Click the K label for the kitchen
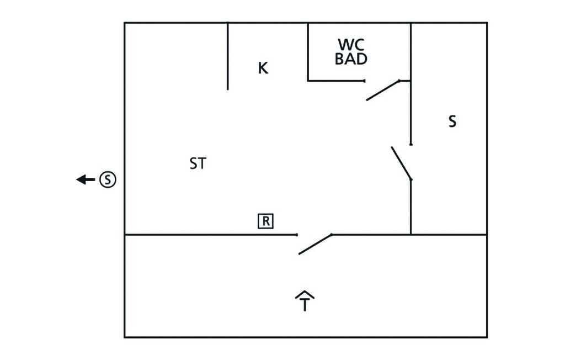pos(263,68)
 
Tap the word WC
pos(351,45)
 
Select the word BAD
pos(351,59)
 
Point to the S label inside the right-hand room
pos(452,121)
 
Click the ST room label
pos(198,163)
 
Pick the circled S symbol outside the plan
pos(108,179)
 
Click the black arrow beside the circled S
pos(86,179)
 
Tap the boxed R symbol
pos(265,221)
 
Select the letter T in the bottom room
pos(305,304)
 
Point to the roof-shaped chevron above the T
pos(305,294)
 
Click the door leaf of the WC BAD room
pos(383,90)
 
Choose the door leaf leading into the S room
pos(402,163)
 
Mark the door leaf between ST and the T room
pos(315,244)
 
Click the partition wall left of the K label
pos(227,56)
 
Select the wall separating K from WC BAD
pos(308,52)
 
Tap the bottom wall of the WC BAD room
pos(336,81)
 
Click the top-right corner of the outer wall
pos(487,23)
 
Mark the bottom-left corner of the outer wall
pos(125,337)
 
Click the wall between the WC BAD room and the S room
pos(411,52)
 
